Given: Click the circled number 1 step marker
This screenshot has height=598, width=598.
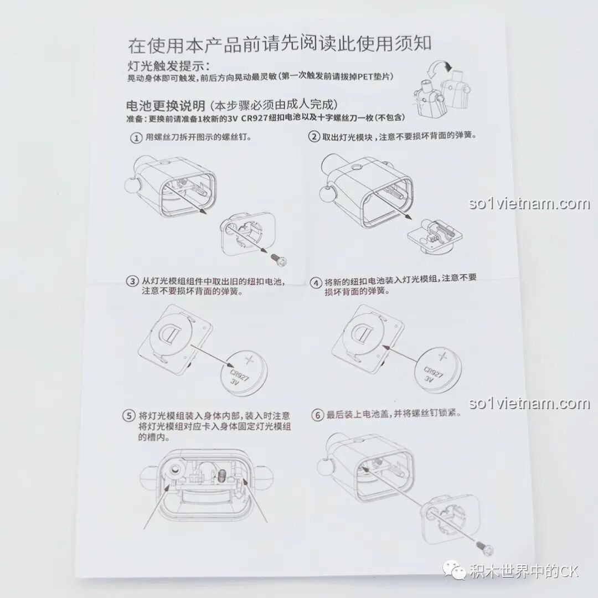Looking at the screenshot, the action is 136,138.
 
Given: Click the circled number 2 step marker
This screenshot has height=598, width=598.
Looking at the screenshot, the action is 314,137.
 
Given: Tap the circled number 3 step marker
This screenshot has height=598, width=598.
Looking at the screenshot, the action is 132,281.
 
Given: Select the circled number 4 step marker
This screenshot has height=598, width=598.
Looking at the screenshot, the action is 316,283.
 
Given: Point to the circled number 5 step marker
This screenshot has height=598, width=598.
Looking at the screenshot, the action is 128,415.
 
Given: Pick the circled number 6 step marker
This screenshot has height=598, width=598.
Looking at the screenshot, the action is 317,415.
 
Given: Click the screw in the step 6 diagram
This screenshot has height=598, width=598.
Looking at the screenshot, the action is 484,548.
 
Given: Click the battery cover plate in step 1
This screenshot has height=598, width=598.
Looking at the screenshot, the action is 248,233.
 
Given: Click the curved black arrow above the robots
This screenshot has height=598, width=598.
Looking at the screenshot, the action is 439,69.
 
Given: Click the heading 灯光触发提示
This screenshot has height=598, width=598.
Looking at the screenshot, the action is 168,66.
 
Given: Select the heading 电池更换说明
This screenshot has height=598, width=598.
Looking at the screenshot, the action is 166,105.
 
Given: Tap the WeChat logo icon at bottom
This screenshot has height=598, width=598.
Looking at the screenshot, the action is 454,570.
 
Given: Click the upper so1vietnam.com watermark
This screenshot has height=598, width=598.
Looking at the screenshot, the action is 529,203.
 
